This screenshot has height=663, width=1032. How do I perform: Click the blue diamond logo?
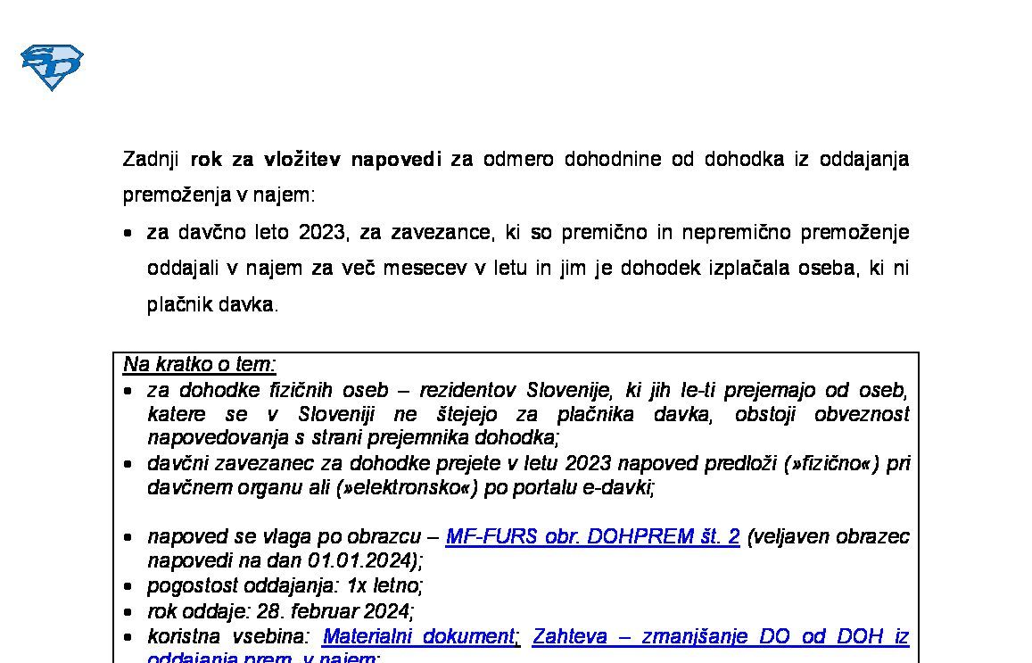(x=52, y=67)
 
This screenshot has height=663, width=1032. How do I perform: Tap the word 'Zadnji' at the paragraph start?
(x=151, y=160)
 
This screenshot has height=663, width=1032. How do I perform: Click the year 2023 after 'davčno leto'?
(x=322, y=233)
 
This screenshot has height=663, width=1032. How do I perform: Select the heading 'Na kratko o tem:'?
(x=200, y=364)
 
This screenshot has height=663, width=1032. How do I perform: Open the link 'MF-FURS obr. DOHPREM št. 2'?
(x=592, y=536)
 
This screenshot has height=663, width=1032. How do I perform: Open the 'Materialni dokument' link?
(x=418, y=636)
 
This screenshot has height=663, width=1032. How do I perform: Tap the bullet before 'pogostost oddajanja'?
(x=129, y=587)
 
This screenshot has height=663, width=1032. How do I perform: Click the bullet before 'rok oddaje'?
(x=129, y=612)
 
